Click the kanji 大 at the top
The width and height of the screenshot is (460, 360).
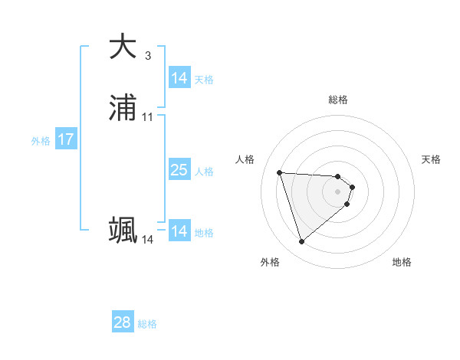point(123,47)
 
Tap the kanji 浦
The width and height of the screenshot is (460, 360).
point(123,109)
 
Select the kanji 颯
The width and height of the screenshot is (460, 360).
point(123,230)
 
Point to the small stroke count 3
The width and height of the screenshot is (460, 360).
point(148,56)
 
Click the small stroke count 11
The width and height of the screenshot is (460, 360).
point(148,117)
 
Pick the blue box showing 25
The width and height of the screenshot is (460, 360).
point(179,170)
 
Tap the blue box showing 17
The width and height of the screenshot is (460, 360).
point(66,140)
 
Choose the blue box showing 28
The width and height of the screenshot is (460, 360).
point(123,322)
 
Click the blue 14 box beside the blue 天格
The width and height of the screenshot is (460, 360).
point(179,78)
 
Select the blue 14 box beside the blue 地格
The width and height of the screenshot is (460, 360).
point(179,231)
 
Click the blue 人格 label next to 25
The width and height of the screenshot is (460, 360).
point(204,172)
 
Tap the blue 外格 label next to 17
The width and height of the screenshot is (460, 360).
point(41,141)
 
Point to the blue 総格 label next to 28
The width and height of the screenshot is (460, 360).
point(147,324)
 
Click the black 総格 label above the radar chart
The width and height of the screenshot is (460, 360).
point(338,100)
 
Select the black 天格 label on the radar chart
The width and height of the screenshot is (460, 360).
point(431,159)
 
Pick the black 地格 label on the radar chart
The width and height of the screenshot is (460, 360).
point(402,262)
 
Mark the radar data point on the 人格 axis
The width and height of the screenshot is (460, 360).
point(280,172)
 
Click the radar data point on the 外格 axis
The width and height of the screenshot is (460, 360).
point(301,242)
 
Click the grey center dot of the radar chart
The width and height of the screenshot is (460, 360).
point(338,192)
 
